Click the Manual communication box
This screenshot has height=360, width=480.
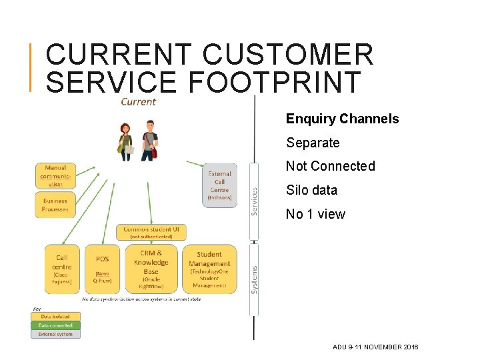(x=55, y=176)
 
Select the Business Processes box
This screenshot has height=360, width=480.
(x=55, y=205)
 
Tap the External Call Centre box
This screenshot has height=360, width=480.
(x=219, y=185)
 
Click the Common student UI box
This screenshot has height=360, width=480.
(x=151, y=232)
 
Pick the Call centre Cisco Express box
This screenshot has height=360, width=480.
(x=61, y=269)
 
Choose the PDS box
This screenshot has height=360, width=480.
(x=102, y=269)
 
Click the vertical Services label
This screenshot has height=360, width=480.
(x=254, y=201)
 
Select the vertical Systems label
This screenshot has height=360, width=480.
(x=254, y=280)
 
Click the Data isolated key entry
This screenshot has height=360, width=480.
(x=55, y=317)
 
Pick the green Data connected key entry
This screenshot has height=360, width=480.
(x=55, y=325)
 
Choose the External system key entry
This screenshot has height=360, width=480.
(x=55, y=334)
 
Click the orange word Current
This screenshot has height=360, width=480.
(x=138, y=102)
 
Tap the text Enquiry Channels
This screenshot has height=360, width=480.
(x=342, y=119)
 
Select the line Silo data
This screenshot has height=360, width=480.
(x=311, y=190)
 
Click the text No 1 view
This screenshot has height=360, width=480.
(x=315, y=214)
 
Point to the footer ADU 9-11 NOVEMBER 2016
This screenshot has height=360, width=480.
(x=375, y=347)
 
